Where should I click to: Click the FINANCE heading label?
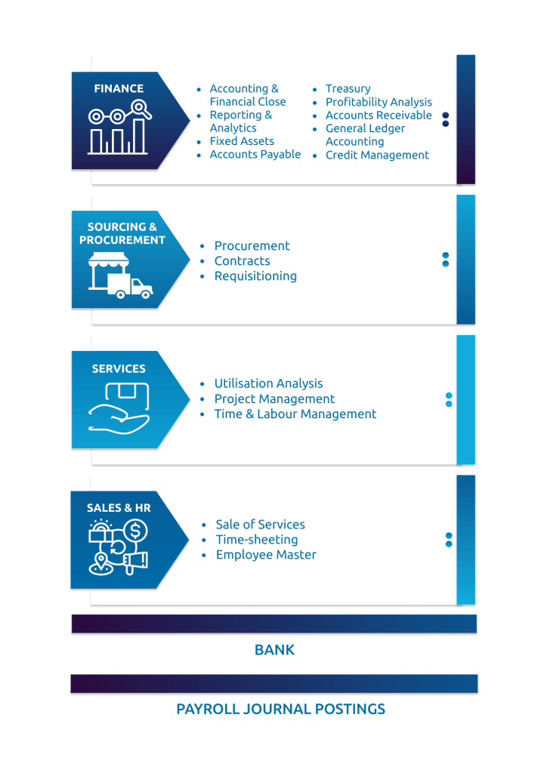click(119, 88)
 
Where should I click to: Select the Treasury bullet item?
click(348, 88)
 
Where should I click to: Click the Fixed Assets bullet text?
click(242, 141)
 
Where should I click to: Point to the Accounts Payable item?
click(255, 154)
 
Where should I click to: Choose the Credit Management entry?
click(377, 155)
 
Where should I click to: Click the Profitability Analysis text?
click(379, 102)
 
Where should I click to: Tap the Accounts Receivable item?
click(379, 115)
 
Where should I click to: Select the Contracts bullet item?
click(242, 260)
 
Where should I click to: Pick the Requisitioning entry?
click(255, 276)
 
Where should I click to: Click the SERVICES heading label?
click(119, 369)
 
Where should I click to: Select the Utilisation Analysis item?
click(268, 383)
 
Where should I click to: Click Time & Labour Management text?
click(295, 414)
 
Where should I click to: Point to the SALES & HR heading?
click(119, 508)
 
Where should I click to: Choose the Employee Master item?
click(266, 555)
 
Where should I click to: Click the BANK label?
click(274, 650)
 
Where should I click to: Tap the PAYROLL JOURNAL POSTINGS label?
click(280, 709)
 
